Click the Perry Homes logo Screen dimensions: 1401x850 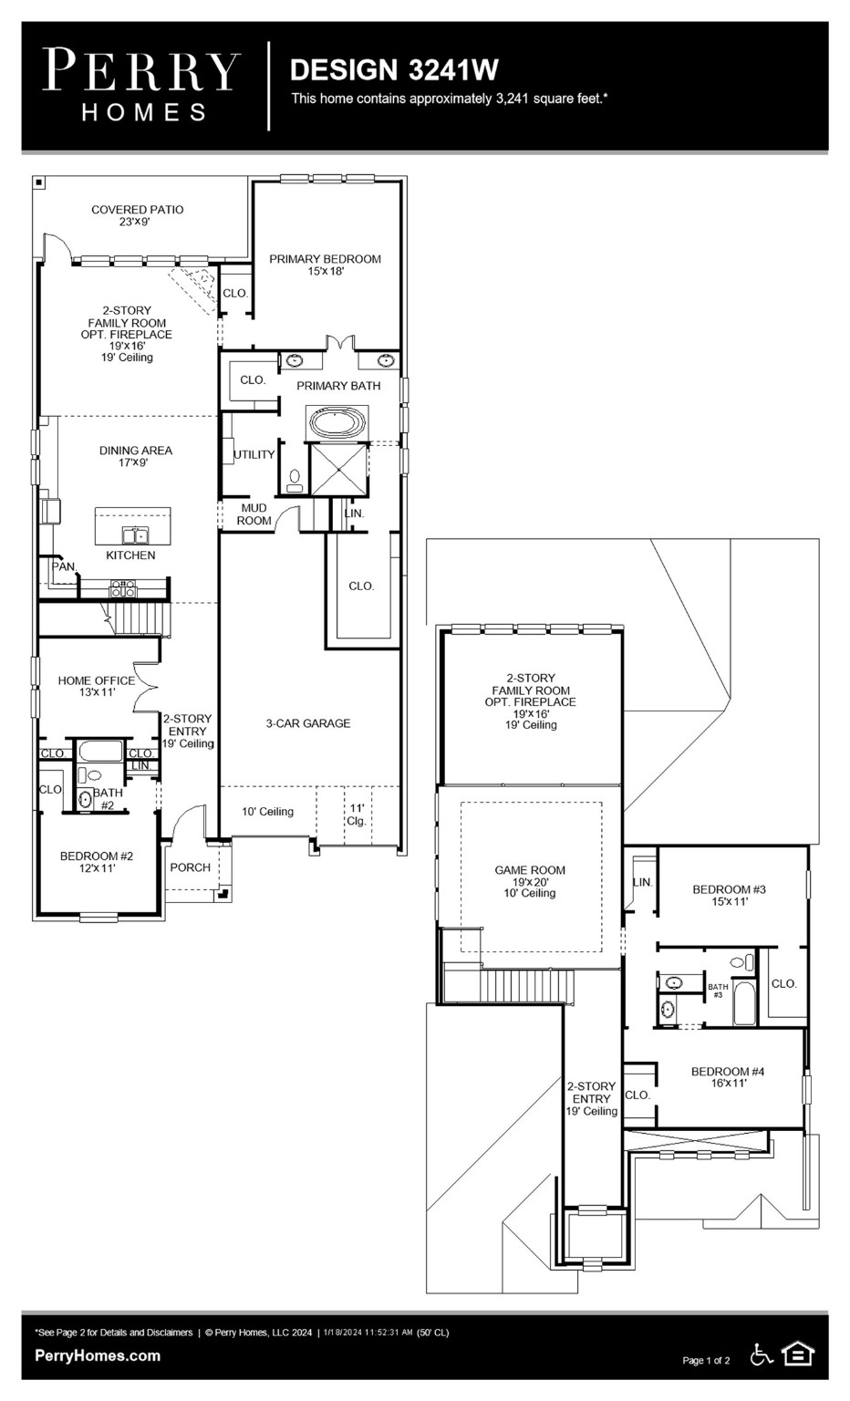[142, 86]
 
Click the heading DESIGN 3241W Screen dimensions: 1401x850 [394, 70]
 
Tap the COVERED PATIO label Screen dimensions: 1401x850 [138, 215]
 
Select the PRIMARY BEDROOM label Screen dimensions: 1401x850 [325, 265]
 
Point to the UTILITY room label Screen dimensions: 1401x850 [254, 454]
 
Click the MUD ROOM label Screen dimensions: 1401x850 [254, 514]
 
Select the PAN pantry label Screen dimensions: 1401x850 [63, 566]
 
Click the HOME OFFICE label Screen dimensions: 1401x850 [96, 686]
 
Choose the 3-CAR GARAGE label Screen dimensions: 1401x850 [307, 723]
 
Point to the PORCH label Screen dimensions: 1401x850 [190, 867]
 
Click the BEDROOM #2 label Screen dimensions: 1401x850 [97, 862]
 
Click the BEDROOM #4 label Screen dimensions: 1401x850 [727, 1077]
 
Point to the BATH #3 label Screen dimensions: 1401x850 [718, 990]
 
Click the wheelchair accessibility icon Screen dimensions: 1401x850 [761, 1354]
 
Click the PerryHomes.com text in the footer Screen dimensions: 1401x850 [98, 1355]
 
